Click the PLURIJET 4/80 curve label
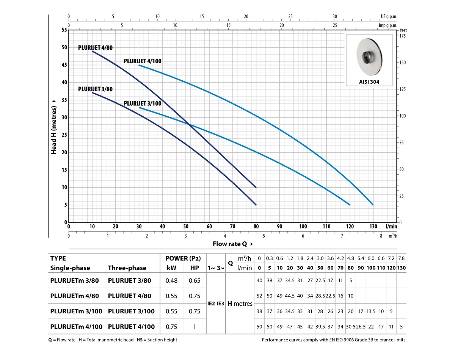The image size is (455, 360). click(x=96, y=48)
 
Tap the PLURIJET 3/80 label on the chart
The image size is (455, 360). click(x=96, y=89)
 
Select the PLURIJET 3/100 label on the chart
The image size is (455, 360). click(x=143, y=103)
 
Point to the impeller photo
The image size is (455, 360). click(x=369, y=56)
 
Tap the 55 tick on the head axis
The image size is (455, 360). click(x=64, y=30)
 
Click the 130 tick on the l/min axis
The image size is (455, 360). click(x=373, y=227)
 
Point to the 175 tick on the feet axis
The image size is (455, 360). click(x=402, y=36)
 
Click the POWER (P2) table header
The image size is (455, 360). click(x=183, y=258)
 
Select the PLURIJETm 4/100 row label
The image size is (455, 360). click(x=76, y=326)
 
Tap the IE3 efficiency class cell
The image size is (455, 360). click(x=220, y=304)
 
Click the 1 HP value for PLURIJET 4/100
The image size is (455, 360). click(x=195, y=326)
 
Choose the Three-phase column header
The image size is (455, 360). click(x=127, y=268)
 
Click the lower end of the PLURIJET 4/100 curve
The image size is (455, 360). click(x=373, y=205)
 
